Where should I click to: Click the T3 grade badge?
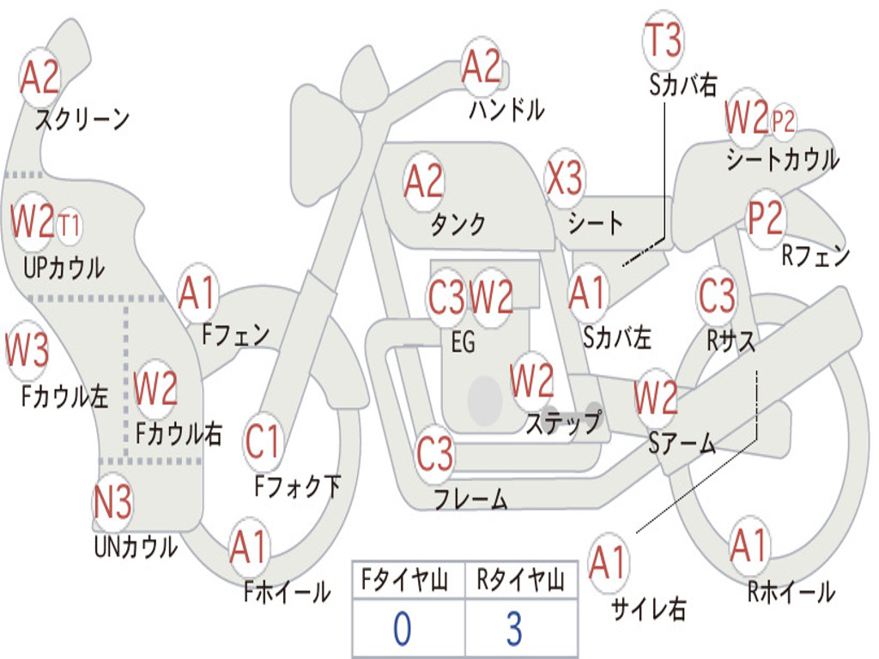click(663, 41)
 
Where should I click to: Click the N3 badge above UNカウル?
click(112, 502)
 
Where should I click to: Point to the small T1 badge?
click(70, 227)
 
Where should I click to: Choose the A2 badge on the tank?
click(423, 182)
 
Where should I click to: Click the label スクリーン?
click(82, 119)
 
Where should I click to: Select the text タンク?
click(458, 225)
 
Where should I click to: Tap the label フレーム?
click(470, 499)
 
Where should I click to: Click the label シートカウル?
click(782, 160)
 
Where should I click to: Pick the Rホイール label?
click(791, 591)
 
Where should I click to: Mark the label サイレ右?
click(648, 610)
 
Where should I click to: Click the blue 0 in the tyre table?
click(402, 629)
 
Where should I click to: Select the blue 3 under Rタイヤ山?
click(514, 629)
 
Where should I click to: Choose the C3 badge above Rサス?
click(717, 295)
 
